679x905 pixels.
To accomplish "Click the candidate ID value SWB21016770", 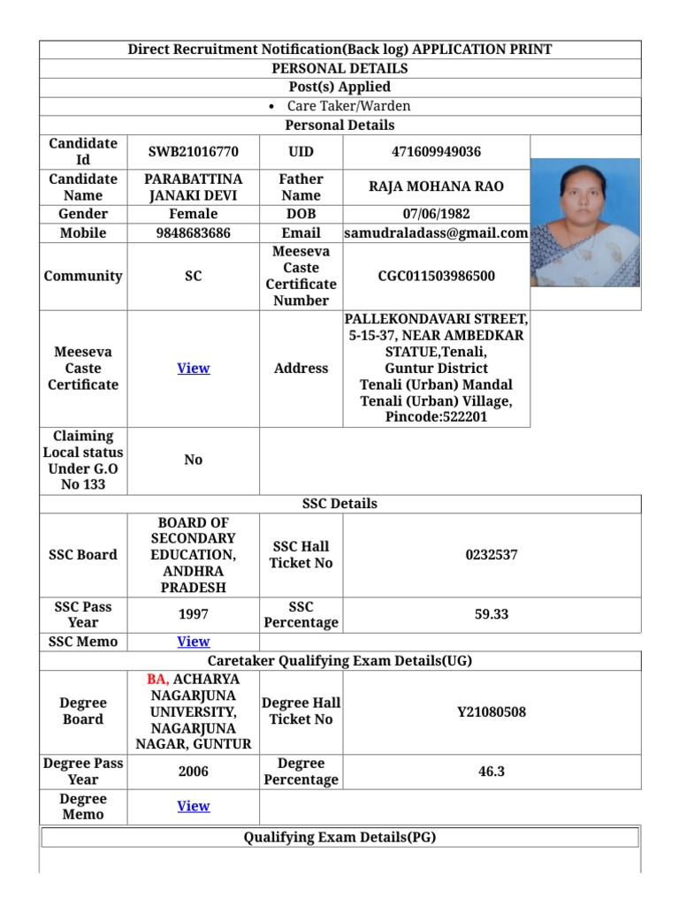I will tap(193, 152).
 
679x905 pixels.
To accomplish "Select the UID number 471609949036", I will tap(436, 152).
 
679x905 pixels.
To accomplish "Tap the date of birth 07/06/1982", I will tap(436, 214).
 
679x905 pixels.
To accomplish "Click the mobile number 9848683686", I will tap(193, 233).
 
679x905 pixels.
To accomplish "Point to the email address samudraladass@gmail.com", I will tap(436, 233).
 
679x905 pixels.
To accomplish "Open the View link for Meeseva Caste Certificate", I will tap(193, 369).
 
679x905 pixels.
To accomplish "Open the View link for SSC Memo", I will tap(193, 642).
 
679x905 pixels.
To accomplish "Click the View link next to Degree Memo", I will tap(193, 806).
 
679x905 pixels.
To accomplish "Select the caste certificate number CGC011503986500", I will tap(436, 277).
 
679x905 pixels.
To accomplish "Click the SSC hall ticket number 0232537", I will tap(491, 555).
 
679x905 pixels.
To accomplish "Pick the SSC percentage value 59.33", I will tap(491, 614).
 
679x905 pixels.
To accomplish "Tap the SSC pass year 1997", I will tap(193, 614).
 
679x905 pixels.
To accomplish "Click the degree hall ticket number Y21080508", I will tap(491, 711).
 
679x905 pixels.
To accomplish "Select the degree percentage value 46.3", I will tap(491, 772).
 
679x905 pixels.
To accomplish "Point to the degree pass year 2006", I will tap(193, 772).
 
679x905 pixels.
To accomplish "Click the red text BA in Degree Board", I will tap(157, 680).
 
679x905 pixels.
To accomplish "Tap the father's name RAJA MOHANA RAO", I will tap(436, 186).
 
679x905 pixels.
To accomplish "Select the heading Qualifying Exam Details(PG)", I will tap(339, 838).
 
